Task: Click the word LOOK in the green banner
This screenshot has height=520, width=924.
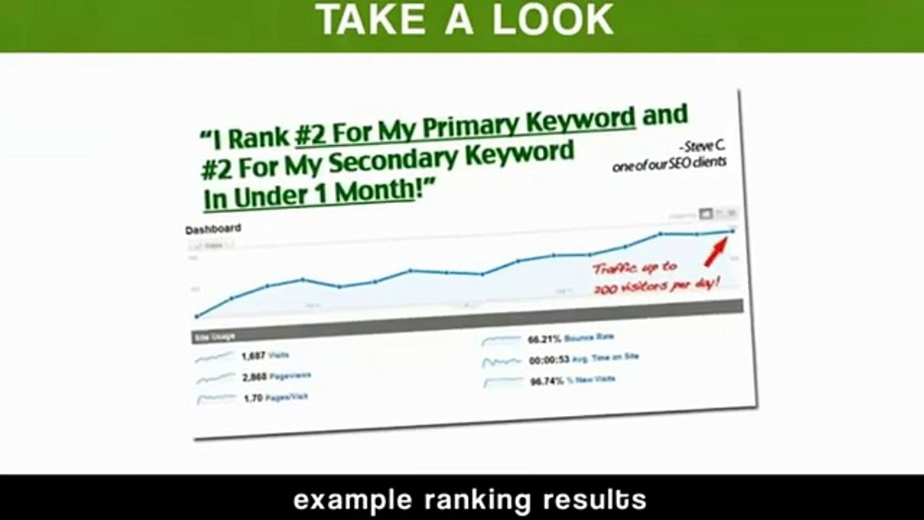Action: [x=553, y=20]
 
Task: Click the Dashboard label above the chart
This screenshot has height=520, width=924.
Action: [x=213, y=229]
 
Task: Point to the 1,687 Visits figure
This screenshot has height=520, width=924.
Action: [x=254, y=355]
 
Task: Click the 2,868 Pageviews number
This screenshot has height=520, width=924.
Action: [x=254, y=376]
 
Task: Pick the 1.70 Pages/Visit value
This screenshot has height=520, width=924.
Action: [x=253, y=397]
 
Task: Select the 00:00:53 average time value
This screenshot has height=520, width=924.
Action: [x=549, y=359]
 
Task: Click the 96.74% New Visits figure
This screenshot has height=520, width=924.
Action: [x=546, y=380]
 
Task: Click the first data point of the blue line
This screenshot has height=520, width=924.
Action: [x=196, y=316]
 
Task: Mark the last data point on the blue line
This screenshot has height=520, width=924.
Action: [x=733, y=230]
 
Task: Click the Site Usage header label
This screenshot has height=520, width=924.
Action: [x=214, y=337]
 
